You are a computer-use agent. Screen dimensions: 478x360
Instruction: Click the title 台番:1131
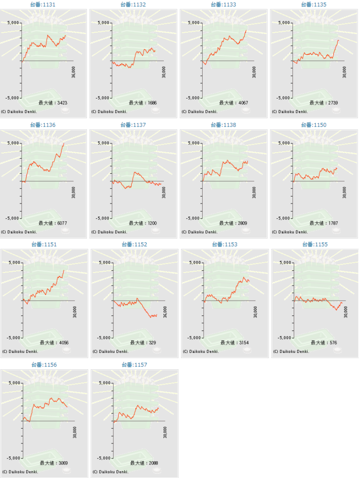pyautogui.click(x=43, y=4)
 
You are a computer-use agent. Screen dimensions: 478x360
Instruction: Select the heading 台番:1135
pyautogui.click(x=314, y=4)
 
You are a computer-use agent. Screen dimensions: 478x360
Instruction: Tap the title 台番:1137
pyautogui.click(x=133, y=125)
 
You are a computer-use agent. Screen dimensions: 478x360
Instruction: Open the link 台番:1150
pyautogui.click(x=314, y=125)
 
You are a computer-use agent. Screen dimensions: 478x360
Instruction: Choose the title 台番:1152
pyautogui.click(x=134, y=244)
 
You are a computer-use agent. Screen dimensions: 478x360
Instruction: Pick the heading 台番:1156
pyautogui.click(x=44, y=365)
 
